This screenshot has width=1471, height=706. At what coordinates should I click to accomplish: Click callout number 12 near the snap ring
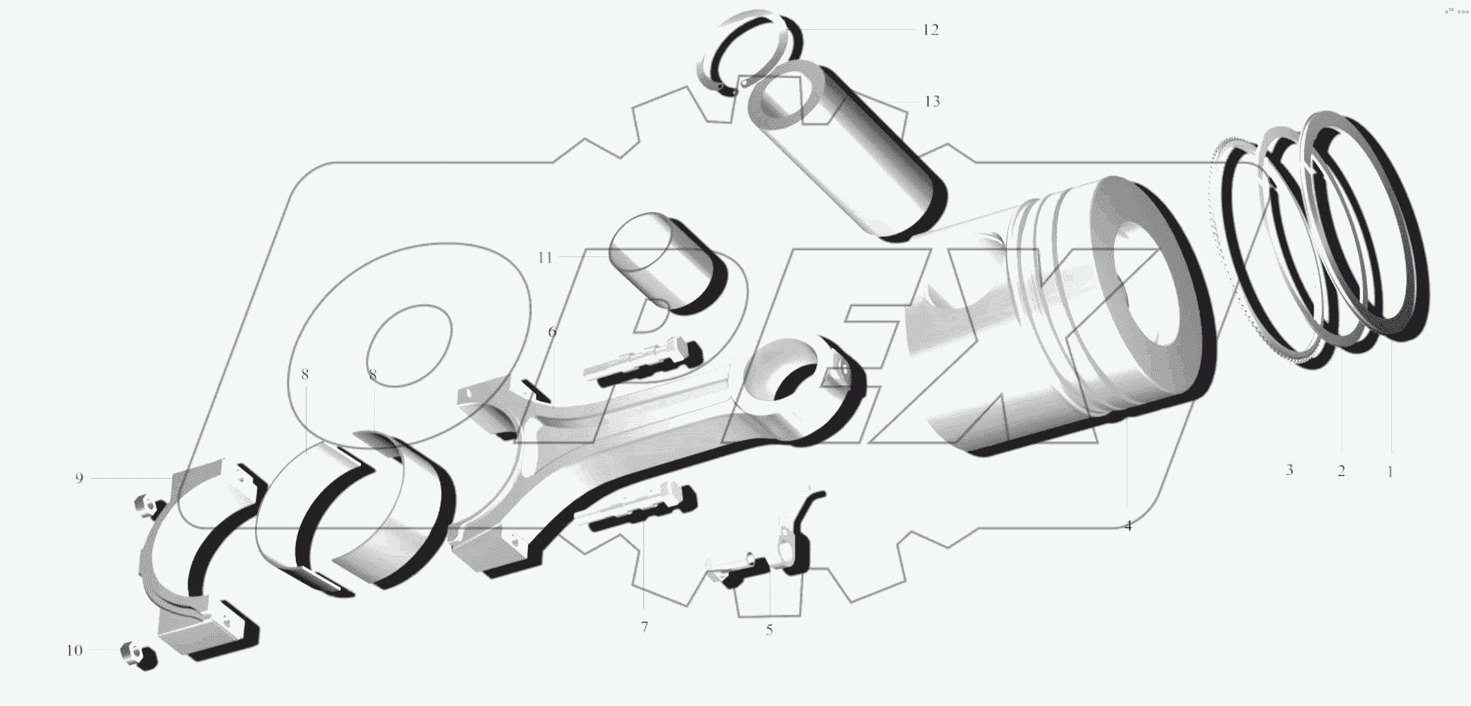point(930,30)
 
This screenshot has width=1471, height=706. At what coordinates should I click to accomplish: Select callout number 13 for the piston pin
point(932,102)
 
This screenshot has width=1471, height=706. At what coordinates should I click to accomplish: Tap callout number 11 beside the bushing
point(545,258)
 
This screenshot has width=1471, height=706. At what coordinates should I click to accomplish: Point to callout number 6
point(552,332)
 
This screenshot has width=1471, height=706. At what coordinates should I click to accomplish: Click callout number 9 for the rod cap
point(79,478)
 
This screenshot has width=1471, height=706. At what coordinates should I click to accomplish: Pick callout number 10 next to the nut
point(74,651)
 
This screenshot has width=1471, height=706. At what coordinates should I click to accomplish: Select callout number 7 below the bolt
point(644,627)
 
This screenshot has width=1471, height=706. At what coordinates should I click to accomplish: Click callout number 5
point(769,630)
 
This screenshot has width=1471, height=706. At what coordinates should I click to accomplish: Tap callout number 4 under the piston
point(1128,526)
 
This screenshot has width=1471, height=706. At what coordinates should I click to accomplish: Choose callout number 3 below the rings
point(1289,470)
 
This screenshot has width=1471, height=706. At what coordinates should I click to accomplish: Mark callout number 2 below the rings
point(1341,472)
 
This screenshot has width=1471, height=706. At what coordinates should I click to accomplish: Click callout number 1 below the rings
point(1389,472)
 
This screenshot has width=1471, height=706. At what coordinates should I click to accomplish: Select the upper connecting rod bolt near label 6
point(644,360)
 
